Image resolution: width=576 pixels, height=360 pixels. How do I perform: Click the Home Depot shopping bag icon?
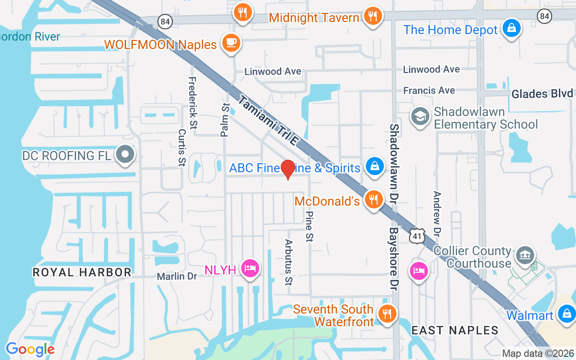coord(511,28)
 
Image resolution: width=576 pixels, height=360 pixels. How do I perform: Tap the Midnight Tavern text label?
coord(314,18)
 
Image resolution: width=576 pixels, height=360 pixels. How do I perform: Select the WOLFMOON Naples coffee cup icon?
coord(231,43)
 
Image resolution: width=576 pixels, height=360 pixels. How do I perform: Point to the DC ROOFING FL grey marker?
coord(126,155)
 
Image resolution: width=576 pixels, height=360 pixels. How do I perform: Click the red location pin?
coord(288,169)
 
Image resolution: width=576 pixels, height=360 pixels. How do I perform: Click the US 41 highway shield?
coord(418,235)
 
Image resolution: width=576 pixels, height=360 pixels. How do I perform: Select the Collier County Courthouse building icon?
coord(524,256)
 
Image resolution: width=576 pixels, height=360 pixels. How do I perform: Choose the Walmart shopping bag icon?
coord(567,314)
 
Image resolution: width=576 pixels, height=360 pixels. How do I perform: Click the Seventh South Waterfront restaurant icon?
coord(387,313)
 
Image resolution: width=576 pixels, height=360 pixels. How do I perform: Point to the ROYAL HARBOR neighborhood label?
coord(82,272)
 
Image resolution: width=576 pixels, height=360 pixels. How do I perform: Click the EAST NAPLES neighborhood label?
coord(454,330)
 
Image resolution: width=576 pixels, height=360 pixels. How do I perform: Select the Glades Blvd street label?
coord(543,94)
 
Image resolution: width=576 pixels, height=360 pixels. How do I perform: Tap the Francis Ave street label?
coord(429,90)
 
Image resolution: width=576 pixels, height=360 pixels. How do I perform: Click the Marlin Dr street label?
coord(177,276)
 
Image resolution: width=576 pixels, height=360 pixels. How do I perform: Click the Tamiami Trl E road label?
coord(269,120)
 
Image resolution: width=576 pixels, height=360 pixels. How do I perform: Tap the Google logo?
coord(30,349)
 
